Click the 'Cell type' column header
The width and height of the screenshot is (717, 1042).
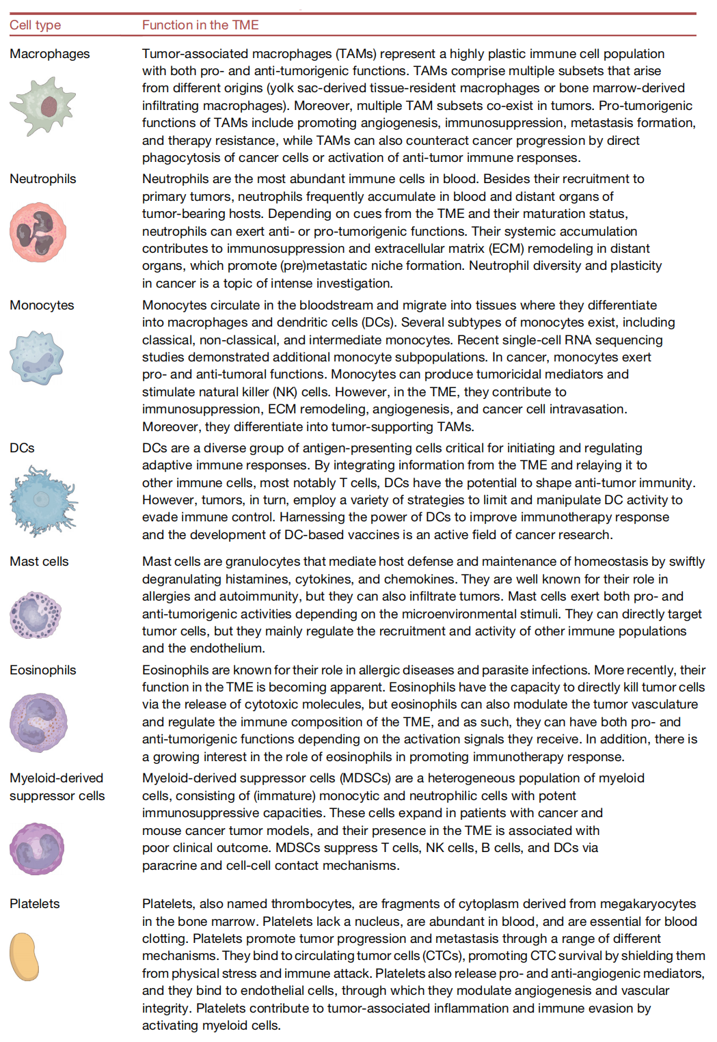[36, 25]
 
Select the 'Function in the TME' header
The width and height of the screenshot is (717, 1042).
[200, 25]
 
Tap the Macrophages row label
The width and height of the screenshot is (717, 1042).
[50, 54]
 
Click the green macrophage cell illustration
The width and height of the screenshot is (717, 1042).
[43, 105]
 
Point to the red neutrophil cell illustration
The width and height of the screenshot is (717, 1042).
[38, 232]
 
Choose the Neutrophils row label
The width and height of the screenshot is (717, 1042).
[43, 179]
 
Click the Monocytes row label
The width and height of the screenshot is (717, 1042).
[42, 305]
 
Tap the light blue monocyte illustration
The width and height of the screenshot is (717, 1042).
[37, 358]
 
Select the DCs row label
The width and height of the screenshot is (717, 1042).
[22, 448]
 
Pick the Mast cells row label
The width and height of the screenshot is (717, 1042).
[39, 562]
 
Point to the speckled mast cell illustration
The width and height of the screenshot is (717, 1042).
[36, 615]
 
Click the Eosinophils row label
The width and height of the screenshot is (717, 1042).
[43, 670]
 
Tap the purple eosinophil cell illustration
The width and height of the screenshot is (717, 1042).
[38, 722]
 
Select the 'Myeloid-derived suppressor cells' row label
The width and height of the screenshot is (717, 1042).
[57, 787]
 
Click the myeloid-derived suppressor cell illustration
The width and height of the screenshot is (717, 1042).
[37, 849]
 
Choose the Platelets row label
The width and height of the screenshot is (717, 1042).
[35, 904]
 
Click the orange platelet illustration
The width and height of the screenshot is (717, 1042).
[25, 957]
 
